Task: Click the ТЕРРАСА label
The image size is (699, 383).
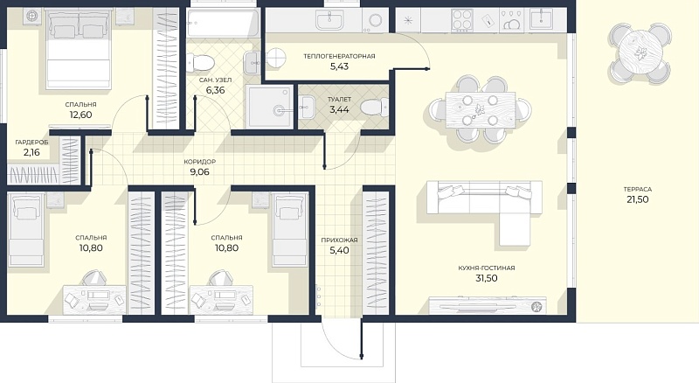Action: (638, 189)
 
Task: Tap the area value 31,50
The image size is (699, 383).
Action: (487, 278)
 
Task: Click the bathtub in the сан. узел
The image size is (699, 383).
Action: (223, 24)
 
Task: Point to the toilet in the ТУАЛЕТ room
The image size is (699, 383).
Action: (374, 108)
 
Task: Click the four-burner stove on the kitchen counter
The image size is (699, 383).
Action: (462, 20)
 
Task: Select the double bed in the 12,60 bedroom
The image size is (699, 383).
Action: (79, 50)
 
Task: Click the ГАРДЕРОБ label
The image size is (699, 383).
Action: (31, 142)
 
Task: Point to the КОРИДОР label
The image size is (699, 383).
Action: (200, 162)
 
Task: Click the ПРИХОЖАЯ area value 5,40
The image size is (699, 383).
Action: (339, 250)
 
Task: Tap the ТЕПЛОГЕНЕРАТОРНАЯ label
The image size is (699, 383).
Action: (339, 56)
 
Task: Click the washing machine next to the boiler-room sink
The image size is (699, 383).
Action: (375, 20)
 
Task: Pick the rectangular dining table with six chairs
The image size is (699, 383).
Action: (481, 110)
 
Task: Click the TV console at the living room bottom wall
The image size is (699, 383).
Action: (488, 305)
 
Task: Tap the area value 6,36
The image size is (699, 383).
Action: (215, 90)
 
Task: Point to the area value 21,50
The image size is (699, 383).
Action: (638, 199)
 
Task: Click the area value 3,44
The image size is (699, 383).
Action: (339, 109)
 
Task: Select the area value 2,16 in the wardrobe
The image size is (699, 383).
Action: (31, 152)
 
